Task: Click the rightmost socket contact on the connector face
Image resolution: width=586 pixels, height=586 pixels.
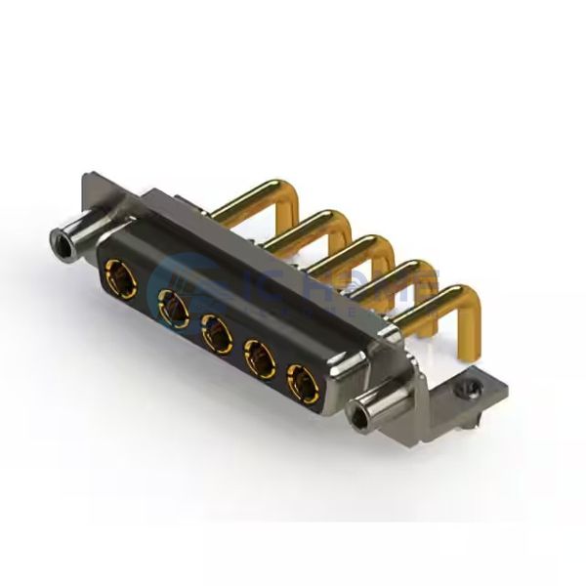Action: click(x=303, y=379)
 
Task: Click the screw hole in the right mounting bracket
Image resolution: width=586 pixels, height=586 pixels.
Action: click(x=471, y=388)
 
